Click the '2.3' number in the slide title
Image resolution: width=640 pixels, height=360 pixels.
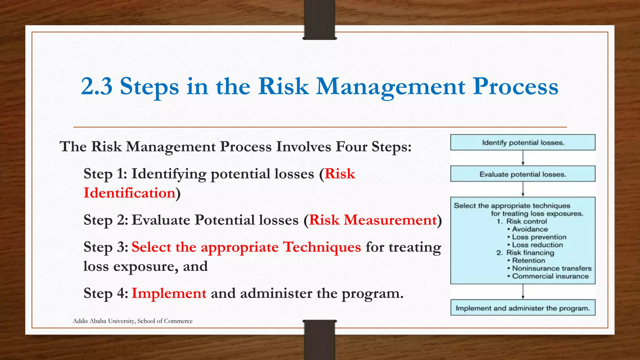[97, 86]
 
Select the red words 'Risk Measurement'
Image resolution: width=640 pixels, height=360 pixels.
[373, 220]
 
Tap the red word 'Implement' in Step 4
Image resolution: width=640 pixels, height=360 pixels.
[169, 293]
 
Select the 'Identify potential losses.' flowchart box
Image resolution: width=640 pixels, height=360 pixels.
[523, 142]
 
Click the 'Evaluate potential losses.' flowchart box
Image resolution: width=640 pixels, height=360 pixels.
[523, 174]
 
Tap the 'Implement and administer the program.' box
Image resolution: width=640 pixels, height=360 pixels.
[523, 308]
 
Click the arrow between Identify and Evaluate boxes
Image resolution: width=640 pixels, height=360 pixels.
[523, 158]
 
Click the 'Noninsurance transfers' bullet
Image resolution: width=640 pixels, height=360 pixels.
[552, 268]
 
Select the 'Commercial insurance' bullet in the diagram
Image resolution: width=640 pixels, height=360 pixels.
[550, 276]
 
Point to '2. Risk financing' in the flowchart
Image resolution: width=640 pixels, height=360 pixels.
[526, 253]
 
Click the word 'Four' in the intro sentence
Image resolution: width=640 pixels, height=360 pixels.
[351, 147]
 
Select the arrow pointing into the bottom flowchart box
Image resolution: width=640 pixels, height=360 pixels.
[523, 292]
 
